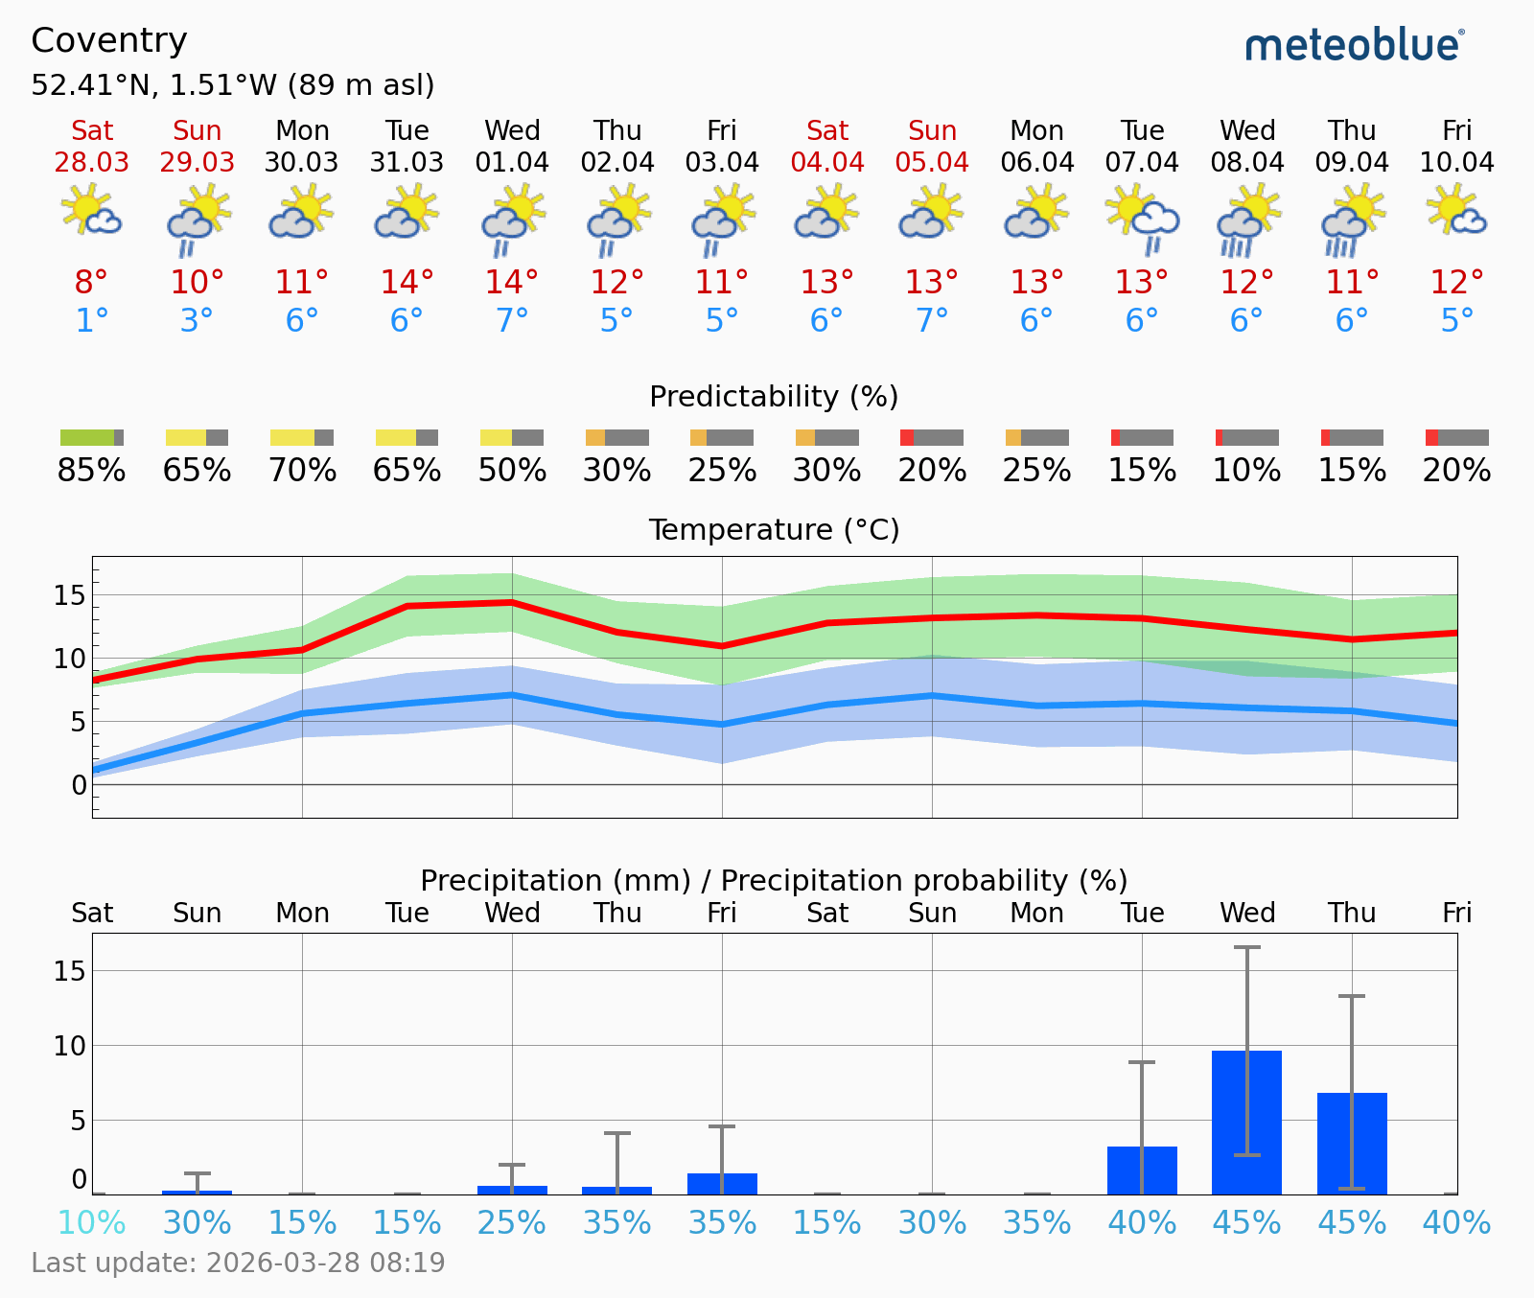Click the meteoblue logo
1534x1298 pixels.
click(x=1354, y=45)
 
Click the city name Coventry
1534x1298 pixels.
click(x=109, y=40)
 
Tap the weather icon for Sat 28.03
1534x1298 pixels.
click(x=91, y=210)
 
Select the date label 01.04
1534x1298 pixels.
click(x=512, y=162)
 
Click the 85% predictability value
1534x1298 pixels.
click(x=91, y=471)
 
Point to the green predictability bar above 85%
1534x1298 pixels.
click(x=87, y=438)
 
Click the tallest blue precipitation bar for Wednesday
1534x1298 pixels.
click(x=1246, y=1122)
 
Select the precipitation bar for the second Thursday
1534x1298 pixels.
click(x=1352, y=1143)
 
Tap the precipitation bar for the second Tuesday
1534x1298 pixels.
click(x=1142, y=1170)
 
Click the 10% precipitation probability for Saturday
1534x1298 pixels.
click(x=91, y=1223)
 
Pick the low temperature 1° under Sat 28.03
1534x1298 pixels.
click(x=91, y=320)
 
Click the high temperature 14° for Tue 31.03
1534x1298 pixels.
click(x=407, y=283)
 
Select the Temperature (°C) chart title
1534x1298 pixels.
click(x=774, y=530)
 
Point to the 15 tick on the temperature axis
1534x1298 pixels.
click(x=70, y=595)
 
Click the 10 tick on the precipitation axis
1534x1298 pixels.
click(x=70, y=1046)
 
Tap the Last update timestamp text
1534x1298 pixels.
click(x=238, y=1263)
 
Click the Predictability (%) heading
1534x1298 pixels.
click(x=774, y=397)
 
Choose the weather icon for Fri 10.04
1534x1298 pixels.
click(x=1456, y=210)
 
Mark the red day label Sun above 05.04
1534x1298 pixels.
click(x=932, y=131)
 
